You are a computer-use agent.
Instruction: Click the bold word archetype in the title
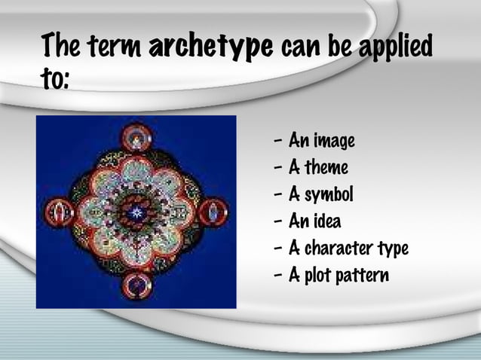pyautogui.click(x=211, y=47)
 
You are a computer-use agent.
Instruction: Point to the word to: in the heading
pyautogui.click(x=56, y=79)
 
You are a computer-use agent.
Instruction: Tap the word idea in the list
pyautogui.click(x=326, y=221)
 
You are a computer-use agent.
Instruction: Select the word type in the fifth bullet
pyautogui.click(x=391, y=249)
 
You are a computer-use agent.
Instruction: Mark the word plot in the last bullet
pyautogui.click(x=320, y=276)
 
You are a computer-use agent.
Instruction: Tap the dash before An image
pyautogui.click(x=280, y=142)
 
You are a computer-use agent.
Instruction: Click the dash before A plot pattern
pyautogui.click(x=280, y=276)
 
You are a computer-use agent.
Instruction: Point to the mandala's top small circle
pyautogui.click(x=136, y=137)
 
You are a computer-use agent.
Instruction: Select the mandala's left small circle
pyautogui.click(x=60, y=212)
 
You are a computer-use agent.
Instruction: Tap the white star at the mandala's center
pyautogui.click(x=136, y=212)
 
